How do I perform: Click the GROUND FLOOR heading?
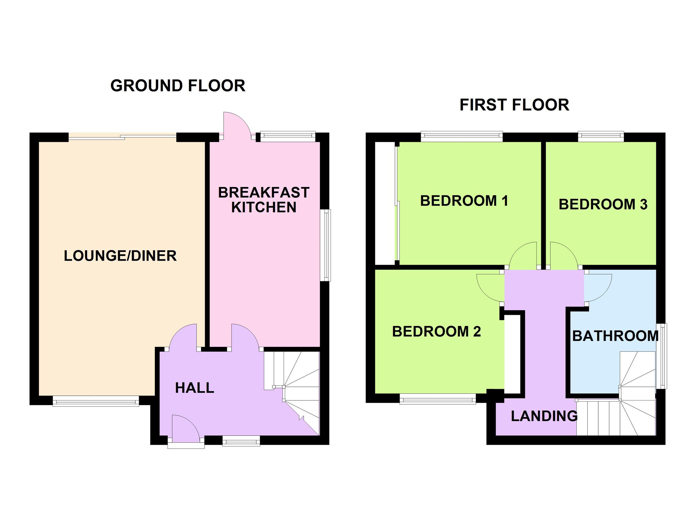click(178, 86)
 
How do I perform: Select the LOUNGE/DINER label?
click(120, 256)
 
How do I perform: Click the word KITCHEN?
click(263, 207)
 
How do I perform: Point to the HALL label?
click(194, 388)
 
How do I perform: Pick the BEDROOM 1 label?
click(464, 201)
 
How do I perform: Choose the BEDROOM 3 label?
click(603, 205)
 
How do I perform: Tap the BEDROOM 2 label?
click(436, 332)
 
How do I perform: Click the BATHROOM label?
click(615, 336)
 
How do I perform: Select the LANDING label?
click(544, 416)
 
